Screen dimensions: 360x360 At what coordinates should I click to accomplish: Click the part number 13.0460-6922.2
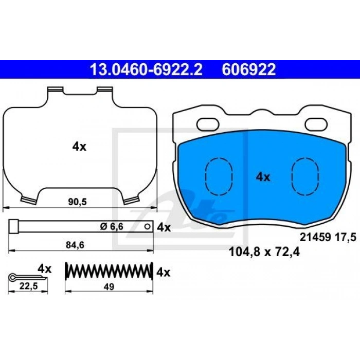(x=146, y=69)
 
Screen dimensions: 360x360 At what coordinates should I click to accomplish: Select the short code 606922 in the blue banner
(x=248, y=69)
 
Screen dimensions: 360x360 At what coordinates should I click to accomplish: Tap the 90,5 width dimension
(x=77, y=202)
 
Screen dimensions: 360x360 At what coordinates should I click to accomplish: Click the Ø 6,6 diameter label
(x=112, y=227)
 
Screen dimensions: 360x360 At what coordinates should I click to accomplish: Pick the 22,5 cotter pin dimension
(x=28, y=286)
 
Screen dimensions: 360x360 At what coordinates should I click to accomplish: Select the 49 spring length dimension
(x=109, y=287)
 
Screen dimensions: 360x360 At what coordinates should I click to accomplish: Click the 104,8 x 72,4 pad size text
(x=264, y=253)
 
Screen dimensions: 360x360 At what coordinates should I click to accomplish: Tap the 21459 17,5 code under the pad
(x=328, y=237)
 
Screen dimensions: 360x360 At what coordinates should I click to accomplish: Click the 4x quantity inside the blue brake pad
(x=263, y=177)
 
